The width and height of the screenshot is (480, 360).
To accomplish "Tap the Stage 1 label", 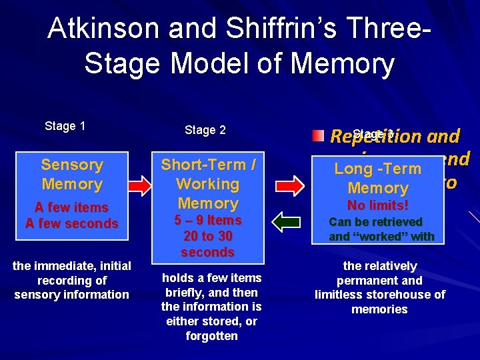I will coord(65,126).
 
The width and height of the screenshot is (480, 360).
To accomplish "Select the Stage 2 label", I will coord(205,130).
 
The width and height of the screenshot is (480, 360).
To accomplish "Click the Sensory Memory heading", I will coord(72,174).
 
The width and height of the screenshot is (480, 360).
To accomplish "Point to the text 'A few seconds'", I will coord(72,223).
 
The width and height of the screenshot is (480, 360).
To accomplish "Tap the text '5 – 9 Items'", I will coord(209,220).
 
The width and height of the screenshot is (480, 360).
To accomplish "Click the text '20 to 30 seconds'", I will coord(209,244).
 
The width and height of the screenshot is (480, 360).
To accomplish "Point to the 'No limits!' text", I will coord(378,205).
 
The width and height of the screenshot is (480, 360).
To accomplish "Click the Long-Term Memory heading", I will coord(378,179).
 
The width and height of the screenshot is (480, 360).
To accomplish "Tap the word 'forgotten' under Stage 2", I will coord(211,336).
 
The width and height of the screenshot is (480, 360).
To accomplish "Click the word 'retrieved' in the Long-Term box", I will coord(397,222).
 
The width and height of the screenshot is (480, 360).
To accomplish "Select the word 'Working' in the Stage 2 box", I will coord(208,184).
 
